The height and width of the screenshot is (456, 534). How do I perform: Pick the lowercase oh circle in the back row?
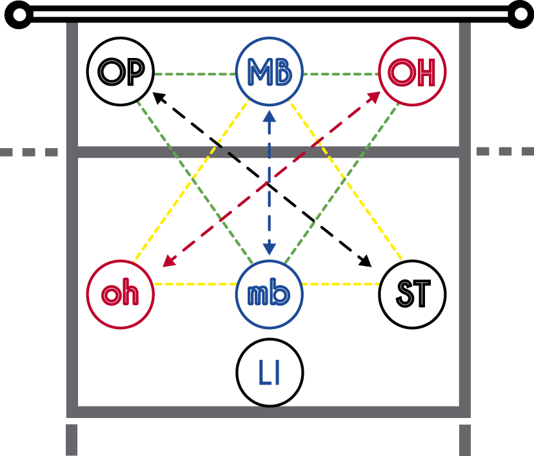[120, 294]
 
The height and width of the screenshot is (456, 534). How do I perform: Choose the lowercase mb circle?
[269, 294]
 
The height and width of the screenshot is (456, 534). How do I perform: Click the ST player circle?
[413, 294]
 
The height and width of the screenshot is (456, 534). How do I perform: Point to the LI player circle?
[269, 372]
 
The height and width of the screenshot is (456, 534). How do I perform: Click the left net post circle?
[19, 15]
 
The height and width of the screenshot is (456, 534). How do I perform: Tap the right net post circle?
[519, 15]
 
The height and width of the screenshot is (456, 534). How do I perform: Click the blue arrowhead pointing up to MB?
[269, 116]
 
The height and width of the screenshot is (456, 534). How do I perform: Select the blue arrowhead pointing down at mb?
[269, 250]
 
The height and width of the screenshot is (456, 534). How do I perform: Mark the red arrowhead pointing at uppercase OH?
[372, 96]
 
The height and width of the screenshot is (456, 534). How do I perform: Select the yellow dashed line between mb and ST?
[340, 284]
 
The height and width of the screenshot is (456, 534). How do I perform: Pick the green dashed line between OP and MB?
[194, 73]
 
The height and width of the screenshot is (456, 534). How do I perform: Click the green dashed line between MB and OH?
[340, 73]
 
